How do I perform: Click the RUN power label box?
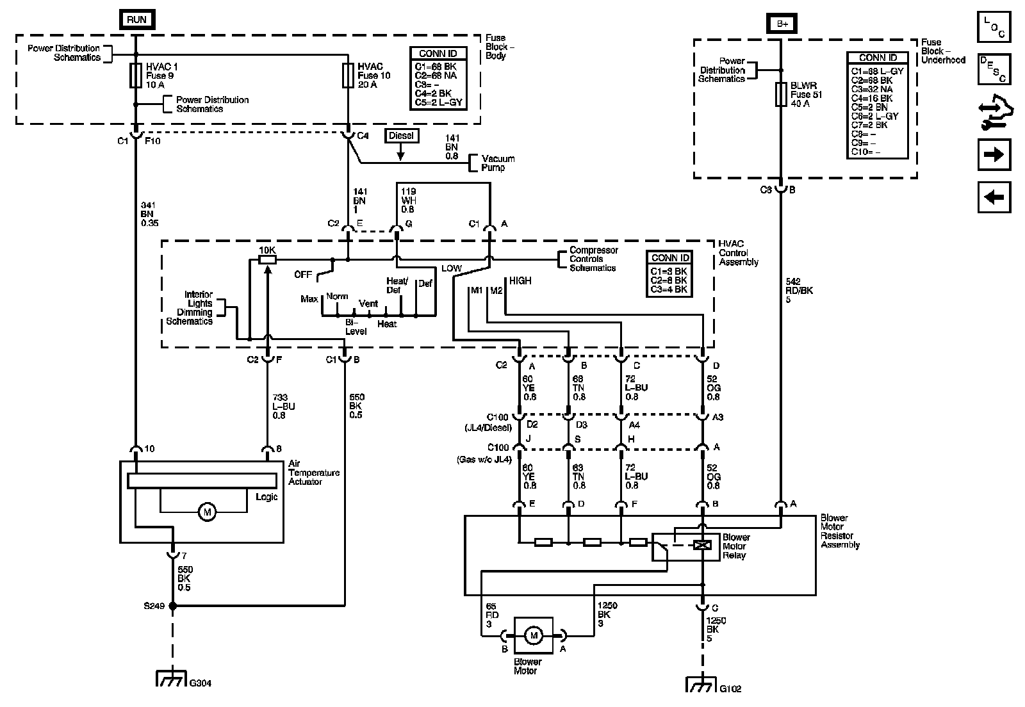(x=136, y=19)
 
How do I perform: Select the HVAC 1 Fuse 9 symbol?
(x=136, y=76)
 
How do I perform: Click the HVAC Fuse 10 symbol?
(x=348, y=76)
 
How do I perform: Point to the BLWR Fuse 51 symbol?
(x=781, y=95)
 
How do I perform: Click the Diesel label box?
(x=401, y=136)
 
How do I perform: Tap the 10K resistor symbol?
(x=267, y=259)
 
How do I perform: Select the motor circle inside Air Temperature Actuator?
(x=206, y=512)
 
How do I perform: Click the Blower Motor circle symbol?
(x=533, y=635)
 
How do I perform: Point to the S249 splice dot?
(x=172, y=605)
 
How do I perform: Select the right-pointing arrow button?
(x=994, y=155)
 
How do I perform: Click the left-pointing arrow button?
(x=994, y=197)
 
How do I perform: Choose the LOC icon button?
(x=994, y=28)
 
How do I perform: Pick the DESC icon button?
(x=994, y=69)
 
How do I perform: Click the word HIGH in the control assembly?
(x=520, y=280)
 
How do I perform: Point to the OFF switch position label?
(x=303, y=275)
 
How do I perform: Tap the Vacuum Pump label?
(x=498, y=163)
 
